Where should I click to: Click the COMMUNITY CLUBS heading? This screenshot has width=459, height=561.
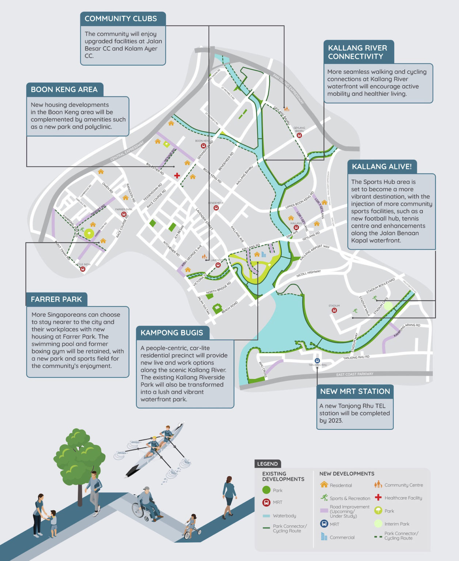(x=121, y=19)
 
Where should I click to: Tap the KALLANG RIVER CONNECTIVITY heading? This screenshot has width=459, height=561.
(x=357, y=52)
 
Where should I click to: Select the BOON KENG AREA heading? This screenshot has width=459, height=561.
(x=64, y=89)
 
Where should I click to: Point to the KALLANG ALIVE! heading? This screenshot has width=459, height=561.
(x=382, y=167)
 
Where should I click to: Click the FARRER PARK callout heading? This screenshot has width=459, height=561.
(x=56, y=299)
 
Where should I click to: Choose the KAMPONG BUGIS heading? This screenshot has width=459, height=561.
(x=172, y=333)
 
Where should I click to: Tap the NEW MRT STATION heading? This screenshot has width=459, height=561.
(x=355, y=391)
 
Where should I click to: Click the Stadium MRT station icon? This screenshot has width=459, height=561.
(x=334, y=310)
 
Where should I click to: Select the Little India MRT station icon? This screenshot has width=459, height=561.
(x=83, y=269)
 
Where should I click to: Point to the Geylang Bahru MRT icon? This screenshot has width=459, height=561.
(x=299, y=135)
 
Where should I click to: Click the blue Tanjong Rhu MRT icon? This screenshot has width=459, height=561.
(x=317, y=360)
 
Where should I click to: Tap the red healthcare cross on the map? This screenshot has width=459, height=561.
(x=177, y=176)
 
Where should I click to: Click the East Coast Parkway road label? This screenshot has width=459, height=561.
(x=355, y=374)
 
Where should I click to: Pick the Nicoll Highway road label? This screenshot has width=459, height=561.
(x=308, y=273)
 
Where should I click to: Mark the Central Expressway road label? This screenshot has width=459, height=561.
(x=127, y=151)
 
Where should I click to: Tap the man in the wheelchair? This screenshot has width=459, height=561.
(x=146, y=504)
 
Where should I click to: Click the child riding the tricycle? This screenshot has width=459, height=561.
(x=191, y=527)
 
